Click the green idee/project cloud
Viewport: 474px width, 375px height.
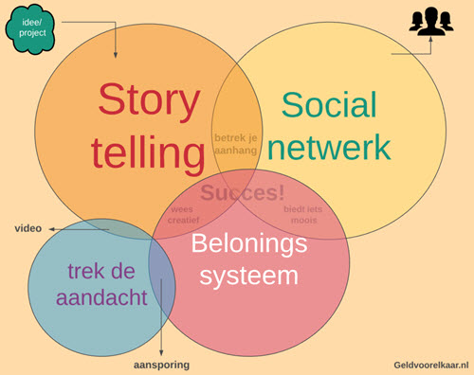29,27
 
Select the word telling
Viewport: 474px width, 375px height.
143,152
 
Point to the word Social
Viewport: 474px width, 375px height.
328,106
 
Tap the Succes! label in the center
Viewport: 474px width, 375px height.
243,193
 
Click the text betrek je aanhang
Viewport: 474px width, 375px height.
236,143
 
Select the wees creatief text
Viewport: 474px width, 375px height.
184,214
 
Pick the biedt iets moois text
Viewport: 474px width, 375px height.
301,214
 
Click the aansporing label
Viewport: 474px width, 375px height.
160,365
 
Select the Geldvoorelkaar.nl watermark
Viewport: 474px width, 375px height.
431,364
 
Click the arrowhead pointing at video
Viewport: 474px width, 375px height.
54,228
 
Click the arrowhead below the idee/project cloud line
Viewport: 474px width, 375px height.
116,52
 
